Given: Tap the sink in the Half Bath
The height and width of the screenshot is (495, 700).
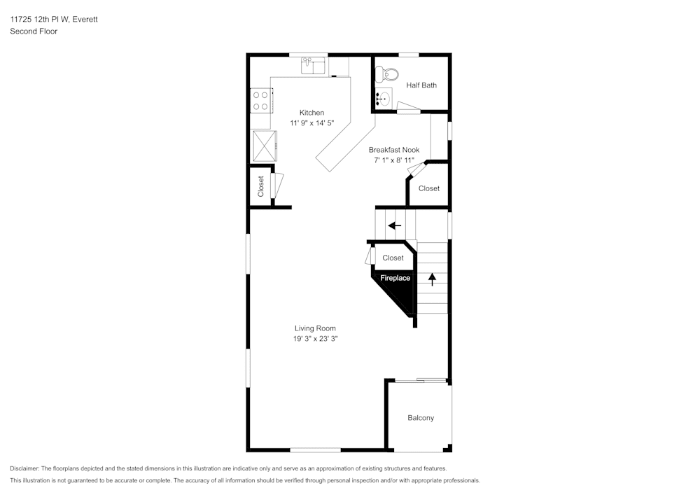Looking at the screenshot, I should (x=382, y=99).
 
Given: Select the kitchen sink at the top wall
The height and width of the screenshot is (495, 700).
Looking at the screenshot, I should (x=313, y=67).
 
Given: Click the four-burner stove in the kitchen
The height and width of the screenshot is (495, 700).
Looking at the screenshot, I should (x=261, y=100).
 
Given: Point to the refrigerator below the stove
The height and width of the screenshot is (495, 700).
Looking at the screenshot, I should (x=265, y=146).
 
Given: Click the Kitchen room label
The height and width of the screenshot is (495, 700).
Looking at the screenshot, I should (x=311, y=113).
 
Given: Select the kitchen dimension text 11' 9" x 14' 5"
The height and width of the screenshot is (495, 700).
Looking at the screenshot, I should (x=311, y=123).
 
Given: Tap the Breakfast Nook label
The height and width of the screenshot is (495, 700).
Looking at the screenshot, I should (x=394, y=150).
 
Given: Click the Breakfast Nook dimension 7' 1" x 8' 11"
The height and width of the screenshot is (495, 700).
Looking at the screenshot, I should (x=394, y=160).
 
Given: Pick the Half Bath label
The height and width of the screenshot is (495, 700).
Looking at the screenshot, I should (x=421, y=85).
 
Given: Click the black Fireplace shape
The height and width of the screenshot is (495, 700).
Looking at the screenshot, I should (x=396, y=286).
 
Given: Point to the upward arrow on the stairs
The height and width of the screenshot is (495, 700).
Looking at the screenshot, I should (x=432, y=279).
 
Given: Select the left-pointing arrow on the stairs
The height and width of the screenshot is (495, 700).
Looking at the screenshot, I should (x=395, y=225).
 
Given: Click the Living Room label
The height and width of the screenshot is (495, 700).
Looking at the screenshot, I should (x=315, y=328).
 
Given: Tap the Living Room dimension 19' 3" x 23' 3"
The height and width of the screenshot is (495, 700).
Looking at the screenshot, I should (x=315, y=339).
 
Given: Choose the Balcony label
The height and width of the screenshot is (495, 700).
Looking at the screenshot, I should (x=421, y=418).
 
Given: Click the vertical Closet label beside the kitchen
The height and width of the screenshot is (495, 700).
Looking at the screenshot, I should (x=261, y=186).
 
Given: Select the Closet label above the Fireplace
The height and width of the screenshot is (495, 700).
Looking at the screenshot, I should (x=393, y=258).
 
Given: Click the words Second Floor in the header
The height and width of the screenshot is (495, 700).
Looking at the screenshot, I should (x=34, y=32).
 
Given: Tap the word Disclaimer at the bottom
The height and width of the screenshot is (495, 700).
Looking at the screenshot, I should (x=24, y=468).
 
